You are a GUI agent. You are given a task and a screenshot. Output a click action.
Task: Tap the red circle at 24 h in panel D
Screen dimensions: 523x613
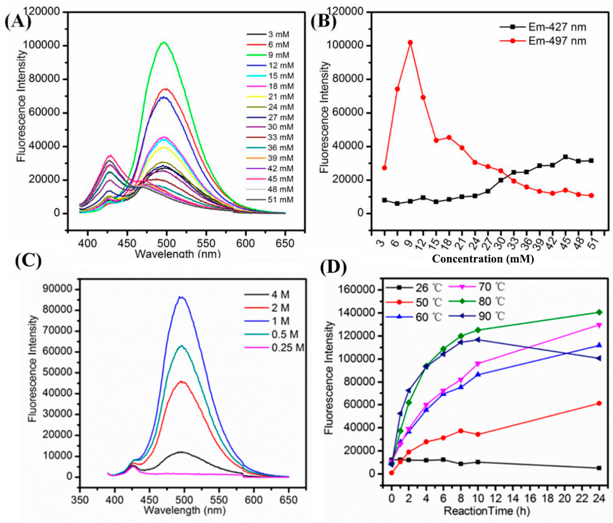point(599,403)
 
